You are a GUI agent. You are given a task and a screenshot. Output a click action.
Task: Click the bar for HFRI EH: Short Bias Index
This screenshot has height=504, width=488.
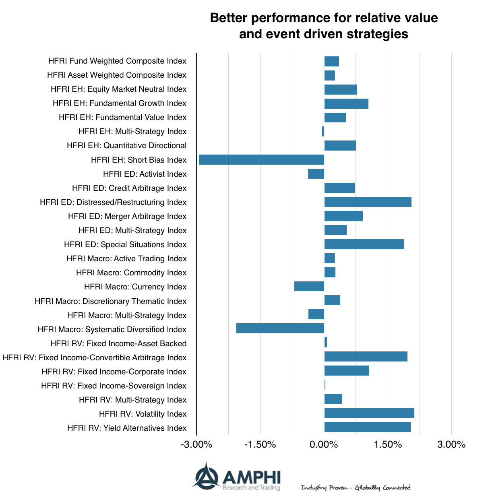click(x=261, y=160)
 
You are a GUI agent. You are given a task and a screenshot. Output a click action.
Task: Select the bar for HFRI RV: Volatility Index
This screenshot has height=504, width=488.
click(x=369, y=413)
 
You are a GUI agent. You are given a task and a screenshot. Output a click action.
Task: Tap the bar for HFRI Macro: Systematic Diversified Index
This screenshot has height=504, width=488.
click(x=280, y=328)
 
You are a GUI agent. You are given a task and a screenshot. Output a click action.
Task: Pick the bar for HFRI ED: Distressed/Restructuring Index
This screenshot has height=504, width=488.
click(x=368, y=202)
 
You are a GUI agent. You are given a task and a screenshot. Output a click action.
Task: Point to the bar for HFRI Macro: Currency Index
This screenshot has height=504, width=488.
click(x=309, y=286)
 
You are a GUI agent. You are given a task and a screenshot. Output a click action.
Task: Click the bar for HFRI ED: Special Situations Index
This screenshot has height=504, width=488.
click(x=364, y=244)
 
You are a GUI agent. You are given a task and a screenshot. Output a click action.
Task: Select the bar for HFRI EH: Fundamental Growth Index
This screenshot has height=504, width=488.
click(x=346, y=103)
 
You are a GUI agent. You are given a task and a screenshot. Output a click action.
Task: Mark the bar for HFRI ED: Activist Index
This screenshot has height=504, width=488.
click(x=316, y=174)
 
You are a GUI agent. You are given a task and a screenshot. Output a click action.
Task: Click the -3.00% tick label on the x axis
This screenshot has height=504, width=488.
click(x=196, y=445)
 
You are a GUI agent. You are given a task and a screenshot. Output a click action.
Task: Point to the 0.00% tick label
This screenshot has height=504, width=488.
click(x=324, y=445)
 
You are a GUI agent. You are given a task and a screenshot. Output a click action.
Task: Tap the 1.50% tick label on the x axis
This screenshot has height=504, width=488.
click(x=388, y=445)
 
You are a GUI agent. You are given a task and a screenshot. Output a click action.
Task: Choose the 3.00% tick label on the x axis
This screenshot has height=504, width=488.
click(x=451, y=445)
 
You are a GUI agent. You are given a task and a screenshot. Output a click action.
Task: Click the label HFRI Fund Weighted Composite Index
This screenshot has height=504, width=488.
click(x=117, y=61)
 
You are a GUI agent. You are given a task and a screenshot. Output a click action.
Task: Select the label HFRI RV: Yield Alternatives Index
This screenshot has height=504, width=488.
click(x=127, y=428)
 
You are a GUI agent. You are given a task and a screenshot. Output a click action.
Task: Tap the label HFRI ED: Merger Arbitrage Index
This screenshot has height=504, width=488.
click(x=127, y=217)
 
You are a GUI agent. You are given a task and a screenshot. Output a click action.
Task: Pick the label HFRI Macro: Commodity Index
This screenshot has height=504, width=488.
click(x=131, y=273)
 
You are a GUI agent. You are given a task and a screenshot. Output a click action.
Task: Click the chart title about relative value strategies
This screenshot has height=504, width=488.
click(x=324, y=26)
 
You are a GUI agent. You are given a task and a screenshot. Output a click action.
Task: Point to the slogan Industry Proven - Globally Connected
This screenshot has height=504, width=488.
click(x=356, y=488)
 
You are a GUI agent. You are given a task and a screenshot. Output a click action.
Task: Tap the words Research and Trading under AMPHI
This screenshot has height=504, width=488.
click(x=251, y=488)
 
